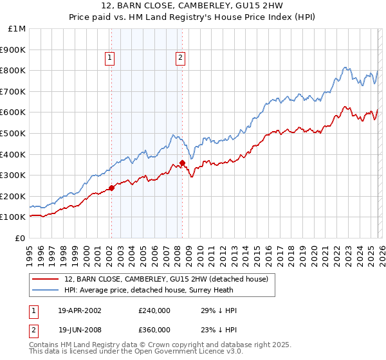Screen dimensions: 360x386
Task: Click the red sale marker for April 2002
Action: [111, 188]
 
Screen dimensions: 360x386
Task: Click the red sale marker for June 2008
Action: [182, 163]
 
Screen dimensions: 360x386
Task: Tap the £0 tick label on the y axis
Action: [21, 238]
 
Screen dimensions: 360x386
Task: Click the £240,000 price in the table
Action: [154, 310]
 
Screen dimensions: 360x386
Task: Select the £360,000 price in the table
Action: [154, 329]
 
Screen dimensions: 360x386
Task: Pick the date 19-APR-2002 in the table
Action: [80, 310]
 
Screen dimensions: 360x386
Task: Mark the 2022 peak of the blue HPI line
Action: [345, 67]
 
